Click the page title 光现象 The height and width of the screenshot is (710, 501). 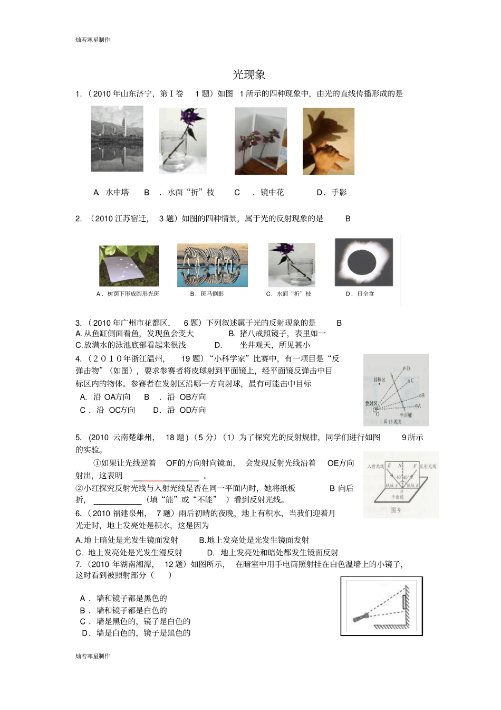[x=249, y=75]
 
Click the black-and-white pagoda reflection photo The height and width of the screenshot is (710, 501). [x=117, y=139]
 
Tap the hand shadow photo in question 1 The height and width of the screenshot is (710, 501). [x=328, y=141]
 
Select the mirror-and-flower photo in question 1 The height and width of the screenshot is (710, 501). [x=261, y=141]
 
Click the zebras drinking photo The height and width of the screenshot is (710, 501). [x=212, y=265]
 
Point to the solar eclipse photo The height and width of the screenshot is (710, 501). [x=363, y=262]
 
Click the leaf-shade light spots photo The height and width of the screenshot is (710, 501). [x=129, y=266]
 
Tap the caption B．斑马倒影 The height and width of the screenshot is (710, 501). [x=207, y=294]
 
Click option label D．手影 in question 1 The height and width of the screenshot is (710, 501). [x=332, y=193]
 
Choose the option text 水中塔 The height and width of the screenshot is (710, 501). [x=117, y=193]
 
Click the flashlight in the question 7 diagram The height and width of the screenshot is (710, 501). [x=362, y=616]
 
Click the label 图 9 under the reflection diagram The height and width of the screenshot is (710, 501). [x=396, y=510]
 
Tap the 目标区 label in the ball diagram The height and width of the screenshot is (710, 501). [x=380, y=380]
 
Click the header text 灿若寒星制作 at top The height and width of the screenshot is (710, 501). [x=93, y=40]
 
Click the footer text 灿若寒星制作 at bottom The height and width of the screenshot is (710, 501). [x=93, y=656]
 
